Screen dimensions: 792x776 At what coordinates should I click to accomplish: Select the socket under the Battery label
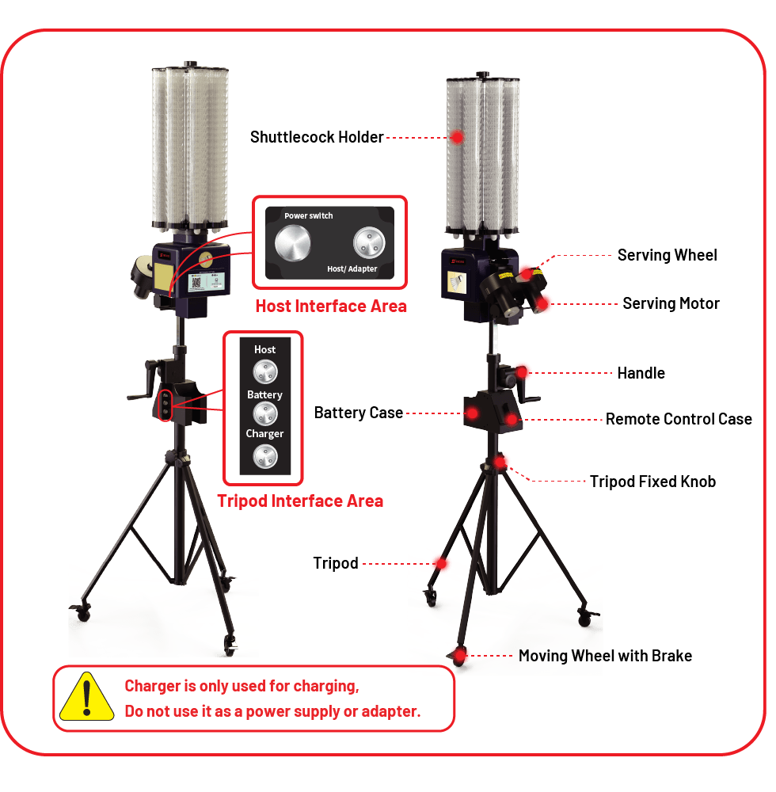(264, 413)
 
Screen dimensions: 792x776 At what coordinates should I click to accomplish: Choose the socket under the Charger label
(264, 455)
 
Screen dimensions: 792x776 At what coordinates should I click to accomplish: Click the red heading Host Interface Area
(330, 307)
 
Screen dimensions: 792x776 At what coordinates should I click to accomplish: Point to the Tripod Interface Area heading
(300, 501)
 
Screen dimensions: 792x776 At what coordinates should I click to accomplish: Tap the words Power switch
(309, 215)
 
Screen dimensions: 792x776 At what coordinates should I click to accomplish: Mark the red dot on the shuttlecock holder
(457, 137)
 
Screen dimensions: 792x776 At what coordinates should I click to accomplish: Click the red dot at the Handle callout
(523, 371)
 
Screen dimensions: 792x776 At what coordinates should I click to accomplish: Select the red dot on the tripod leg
(440, 564)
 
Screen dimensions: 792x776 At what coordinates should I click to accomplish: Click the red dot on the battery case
(472, 413)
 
